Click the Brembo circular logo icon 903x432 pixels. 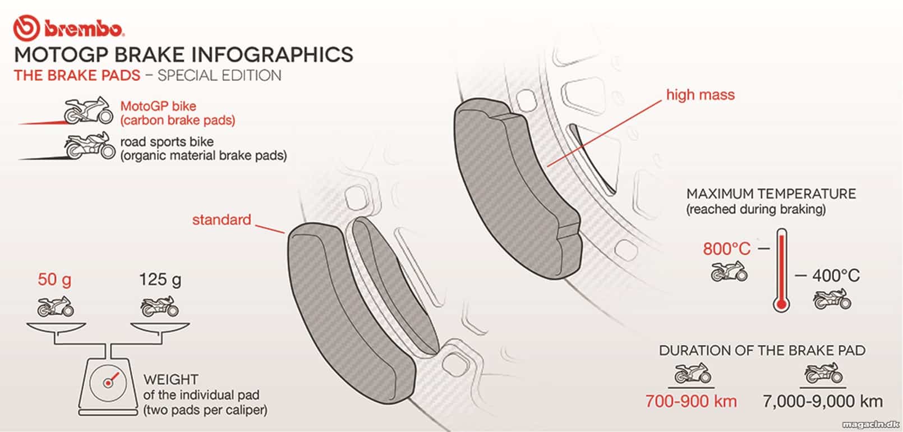26,28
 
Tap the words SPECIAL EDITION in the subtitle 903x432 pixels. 219,75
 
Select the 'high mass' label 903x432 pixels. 700,95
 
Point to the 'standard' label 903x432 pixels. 222,220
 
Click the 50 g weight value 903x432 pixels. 54,280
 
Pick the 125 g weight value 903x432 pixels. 160,280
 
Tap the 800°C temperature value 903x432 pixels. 726,249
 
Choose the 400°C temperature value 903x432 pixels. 836,276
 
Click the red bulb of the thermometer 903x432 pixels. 781,304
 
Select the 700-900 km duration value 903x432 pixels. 691,401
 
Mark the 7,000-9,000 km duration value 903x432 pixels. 822,402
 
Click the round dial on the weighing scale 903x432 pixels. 108,383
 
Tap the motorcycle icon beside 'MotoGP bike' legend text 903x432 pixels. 88,110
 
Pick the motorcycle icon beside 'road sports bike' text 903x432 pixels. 90,145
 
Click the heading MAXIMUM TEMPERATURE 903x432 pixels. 771,194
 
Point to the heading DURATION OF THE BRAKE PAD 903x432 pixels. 762,351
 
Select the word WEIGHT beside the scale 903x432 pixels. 171,380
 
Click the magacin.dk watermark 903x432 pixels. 870,424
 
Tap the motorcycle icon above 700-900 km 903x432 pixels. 693,373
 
